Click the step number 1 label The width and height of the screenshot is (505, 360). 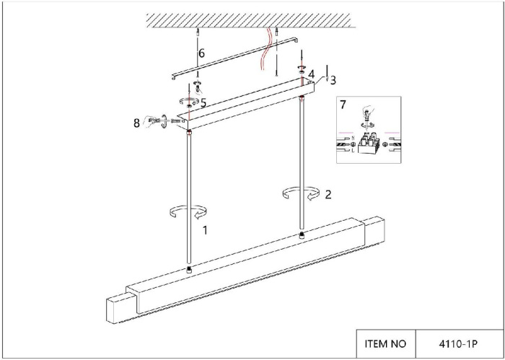(x=205, y=230)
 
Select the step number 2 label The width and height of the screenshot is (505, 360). (x=328, y=195)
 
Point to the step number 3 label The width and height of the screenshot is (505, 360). (x=333, y=80)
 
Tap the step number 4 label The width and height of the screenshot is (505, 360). (x=311, y=75)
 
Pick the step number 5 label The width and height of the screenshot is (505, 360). (x=203, y=102)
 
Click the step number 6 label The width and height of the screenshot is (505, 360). (x=201, y=53)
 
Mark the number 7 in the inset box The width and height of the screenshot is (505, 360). (x=343, y=105)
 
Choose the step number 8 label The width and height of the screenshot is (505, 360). (x=137, y=123)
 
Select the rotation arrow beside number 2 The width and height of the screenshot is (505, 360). (x=301, y=193)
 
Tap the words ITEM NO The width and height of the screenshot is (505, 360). (x=385, y=344)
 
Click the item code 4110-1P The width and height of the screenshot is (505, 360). (x=458, y=344)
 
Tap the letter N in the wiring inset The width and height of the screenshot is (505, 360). (x=353, y=138)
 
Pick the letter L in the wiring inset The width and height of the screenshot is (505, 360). (x=353, y=150)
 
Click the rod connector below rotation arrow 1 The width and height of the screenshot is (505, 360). (x=189, y=270)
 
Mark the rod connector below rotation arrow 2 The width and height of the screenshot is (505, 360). (x=302, y=235)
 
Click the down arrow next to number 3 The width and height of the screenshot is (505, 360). (x=327, y=73)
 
